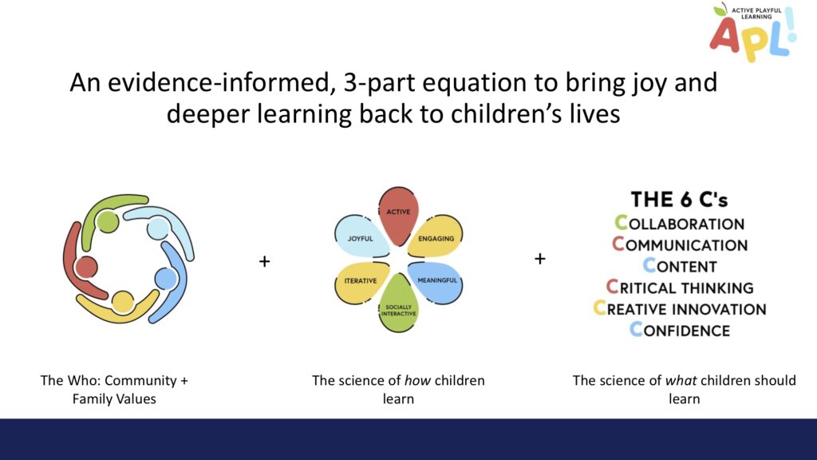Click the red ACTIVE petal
click(398, 215)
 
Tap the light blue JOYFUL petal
click(361, 237)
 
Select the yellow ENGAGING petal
click(436, 237)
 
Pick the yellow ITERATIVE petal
click(361, 282)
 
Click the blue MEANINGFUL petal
click(436, 282)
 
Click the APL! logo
click(753, 32)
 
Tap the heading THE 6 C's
click(680, 199)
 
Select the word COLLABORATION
click(680, 224)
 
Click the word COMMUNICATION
click(680, 244)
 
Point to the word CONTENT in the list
click(680, 266)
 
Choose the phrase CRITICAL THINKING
click(680, 287)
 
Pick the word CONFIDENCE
click(680, 330)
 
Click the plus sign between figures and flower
click(265, 261)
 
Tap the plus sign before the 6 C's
click(540, 258)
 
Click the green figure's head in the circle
click(108, 221)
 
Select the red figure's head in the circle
click(86, 267)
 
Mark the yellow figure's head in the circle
click(122, 301)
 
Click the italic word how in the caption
click(417, 381)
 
